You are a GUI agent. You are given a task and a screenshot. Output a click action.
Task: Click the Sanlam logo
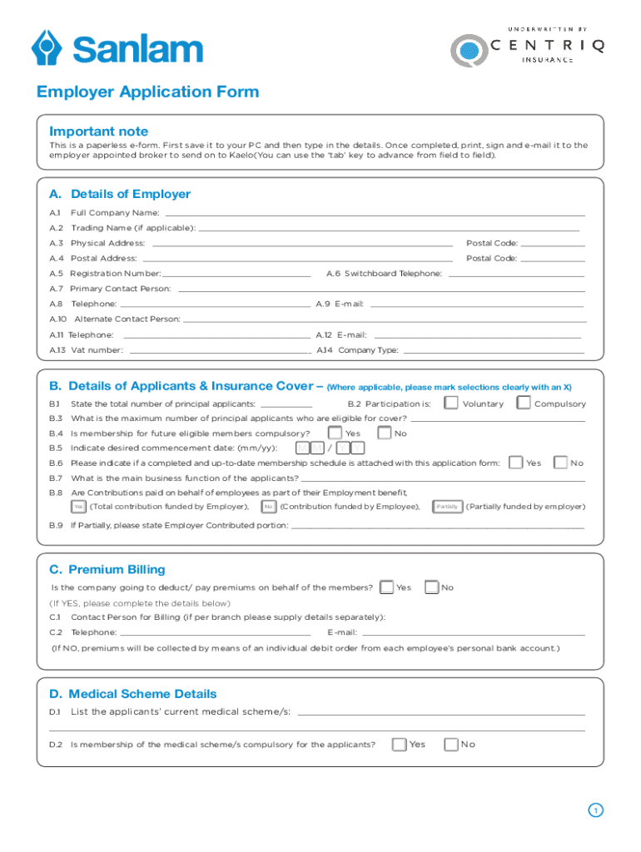click(117, 47)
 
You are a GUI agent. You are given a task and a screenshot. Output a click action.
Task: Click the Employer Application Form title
click(147, 92)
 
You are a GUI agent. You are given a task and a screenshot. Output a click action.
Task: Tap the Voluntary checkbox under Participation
click(450, 404)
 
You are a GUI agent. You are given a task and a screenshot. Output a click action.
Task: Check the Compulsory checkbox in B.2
click(524, 404)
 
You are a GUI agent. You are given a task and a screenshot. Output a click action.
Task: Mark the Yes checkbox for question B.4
click(335, 433)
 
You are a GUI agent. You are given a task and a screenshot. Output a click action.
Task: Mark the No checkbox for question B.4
click(384, 433)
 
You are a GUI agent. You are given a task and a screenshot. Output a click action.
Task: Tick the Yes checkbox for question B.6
click(516, 463)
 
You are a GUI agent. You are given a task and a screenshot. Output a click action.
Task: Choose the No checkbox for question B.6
click(560, 463)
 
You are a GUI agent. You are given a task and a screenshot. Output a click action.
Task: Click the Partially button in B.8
click(448, 507)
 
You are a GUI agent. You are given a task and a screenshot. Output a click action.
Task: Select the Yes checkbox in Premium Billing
click(386, 587)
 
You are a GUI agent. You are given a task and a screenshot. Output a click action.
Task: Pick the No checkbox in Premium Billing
click(431, 587)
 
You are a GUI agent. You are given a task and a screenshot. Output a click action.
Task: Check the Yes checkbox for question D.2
click(400, 744)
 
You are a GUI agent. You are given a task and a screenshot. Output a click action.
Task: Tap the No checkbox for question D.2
click(451, 744)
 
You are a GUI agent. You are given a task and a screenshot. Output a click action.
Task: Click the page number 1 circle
click(595, 810)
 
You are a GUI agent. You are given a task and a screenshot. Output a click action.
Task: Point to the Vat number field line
click(220, 350)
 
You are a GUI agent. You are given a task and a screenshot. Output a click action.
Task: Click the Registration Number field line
click(237, 274)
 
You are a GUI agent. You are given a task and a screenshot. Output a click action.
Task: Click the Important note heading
click(99, 131)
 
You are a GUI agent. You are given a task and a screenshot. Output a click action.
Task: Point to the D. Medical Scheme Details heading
click(132, 694)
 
